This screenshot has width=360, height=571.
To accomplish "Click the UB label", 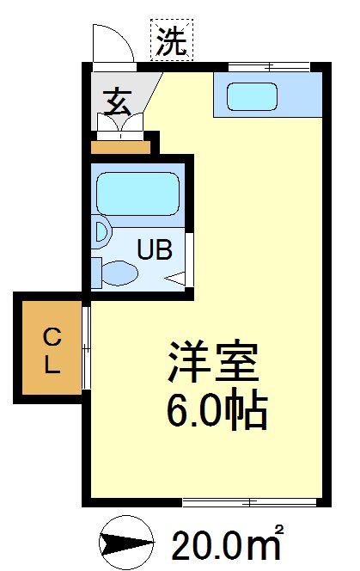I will coord(156,250).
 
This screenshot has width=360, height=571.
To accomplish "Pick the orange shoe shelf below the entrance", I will coord(120,145).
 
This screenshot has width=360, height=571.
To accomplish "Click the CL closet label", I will coord(52,349).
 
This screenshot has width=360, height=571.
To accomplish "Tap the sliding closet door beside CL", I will coord(86,348).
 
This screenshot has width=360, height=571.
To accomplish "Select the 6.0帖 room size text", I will coord(216,413).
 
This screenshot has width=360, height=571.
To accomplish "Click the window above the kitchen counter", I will coord(268,66).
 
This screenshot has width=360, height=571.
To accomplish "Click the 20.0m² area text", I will coord(227,543).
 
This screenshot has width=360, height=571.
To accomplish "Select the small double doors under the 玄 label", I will coord(120,124).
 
